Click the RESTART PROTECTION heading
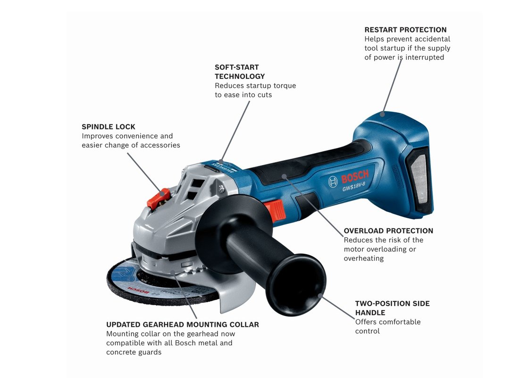click(x=405, y=30)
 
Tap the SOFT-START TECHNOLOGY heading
click(x=240, y=72)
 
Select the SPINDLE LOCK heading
click(x=109, y=127)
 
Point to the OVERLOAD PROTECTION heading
click(x=388, y=231)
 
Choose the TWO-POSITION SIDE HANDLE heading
click(x=392, y=308)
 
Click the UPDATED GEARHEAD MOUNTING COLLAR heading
click(x=183, y=325)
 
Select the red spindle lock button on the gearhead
click(x=158, y=198)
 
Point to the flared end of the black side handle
click(x=296, y=284)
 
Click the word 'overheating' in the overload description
click(x=363, y=258)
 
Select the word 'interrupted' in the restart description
click(x=425, y=57)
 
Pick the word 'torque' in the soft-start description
click(x=285, y=86)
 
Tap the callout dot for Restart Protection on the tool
click(x=383, y=114)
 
